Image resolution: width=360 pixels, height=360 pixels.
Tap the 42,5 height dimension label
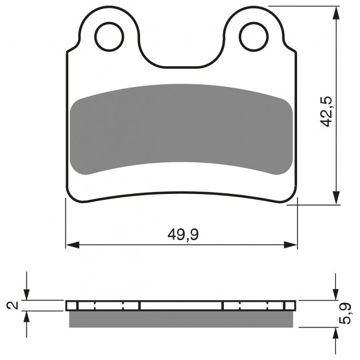point(326,112)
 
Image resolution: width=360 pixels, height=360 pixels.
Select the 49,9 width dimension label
point(183,235)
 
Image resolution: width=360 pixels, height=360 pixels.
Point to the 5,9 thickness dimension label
point(345,314)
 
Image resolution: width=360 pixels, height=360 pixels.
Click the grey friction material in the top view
point(181,129)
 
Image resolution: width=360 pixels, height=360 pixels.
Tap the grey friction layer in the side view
point(181,319)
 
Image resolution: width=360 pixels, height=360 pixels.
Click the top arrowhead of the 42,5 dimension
point(337,13)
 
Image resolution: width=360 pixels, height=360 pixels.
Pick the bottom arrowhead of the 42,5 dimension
point(337,197)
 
